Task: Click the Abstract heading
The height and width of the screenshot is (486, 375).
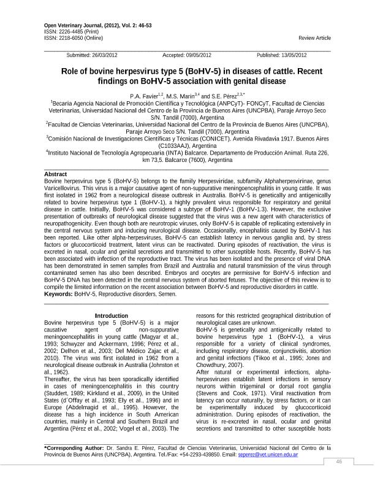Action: pyautogui.click(x=56, y=174)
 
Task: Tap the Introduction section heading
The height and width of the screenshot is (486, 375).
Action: pyautogui.click(x=112, y=315)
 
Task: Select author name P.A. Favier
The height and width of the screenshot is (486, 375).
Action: pyautogui.click(x=144, y=96)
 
